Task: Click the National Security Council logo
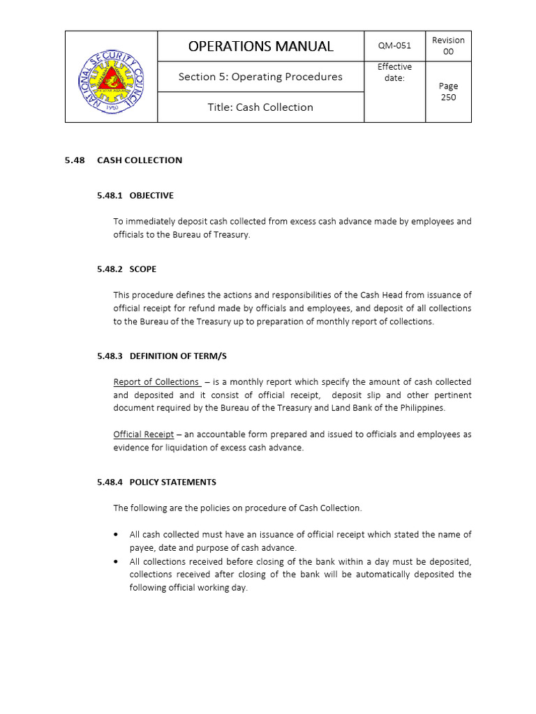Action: [x=111, y=77]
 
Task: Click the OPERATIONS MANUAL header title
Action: [x=260, y=46]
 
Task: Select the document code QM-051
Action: [x=394, y=46]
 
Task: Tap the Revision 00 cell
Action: [x=448, y=46]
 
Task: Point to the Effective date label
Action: [x=394, y=73]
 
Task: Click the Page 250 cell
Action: [x=448, y=91]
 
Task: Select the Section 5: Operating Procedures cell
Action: [x=260, y=77]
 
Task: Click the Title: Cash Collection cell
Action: [x=260, y=107]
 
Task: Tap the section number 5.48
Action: [x=75, y=160]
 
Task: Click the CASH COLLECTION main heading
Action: [x=140, y=160]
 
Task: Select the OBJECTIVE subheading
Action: [x=151, y=196]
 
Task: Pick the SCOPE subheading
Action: [x=143, y=269]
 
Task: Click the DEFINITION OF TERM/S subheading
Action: [x=178, y=356]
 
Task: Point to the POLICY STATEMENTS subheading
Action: [x=173, y=483]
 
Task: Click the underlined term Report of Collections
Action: [x=156, y=382]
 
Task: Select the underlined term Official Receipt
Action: [x=144, y=434]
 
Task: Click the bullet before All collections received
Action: [x=115, y=562]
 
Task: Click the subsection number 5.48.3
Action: [x=110, y=356]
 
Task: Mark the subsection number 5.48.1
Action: [x=110, y=196]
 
